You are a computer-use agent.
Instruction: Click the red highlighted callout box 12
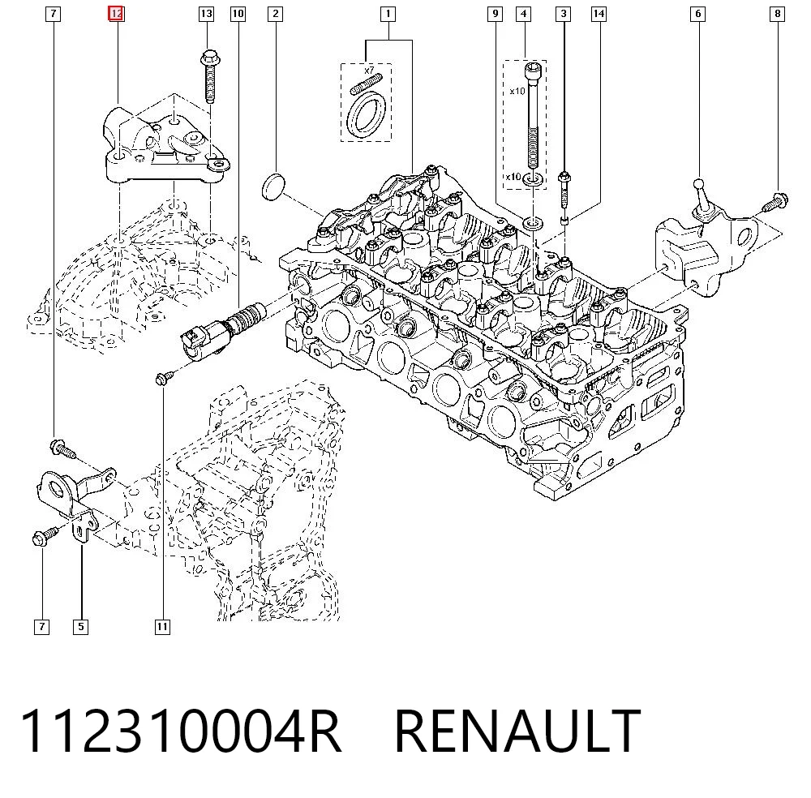[116, 14]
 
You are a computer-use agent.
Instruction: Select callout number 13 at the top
[206, 14]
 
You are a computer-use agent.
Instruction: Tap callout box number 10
[238, 14]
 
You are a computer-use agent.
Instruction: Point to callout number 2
[275, 14]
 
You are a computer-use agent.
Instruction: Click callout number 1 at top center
[388, 14]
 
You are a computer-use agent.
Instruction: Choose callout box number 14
[599, 14]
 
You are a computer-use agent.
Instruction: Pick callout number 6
[697, 14]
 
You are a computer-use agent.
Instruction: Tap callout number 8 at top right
[778, 14]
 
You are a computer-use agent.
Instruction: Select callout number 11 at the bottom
[162, 627]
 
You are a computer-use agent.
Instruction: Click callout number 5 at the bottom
[80, 627]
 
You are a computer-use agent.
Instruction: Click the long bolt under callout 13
[209, 76]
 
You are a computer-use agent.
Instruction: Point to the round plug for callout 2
[273, 187]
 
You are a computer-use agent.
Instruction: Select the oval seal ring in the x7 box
[367, 115]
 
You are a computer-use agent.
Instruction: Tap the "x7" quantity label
[369, 70]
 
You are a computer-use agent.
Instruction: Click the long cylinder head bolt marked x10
[533, 115]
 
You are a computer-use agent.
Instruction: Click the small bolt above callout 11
[165, 378]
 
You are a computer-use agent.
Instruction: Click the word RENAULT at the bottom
[517, 731]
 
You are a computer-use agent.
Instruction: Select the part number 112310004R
[180, 731]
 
